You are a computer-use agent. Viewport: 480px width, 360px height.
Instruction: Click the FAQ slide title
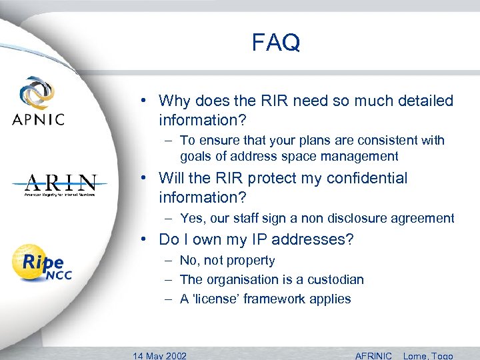[276, 43]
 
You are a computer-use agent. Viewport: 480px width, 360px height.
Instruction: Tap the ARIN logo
[61, 185]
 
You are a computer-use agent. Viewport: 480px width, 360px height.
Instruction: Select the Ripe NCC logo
[42, 263]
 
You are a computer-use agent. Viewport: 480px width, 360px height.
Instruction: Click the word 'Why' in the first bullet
[175, 101]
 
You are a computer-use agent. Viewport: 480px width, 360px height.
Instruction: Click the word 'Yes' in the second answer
[191, 218]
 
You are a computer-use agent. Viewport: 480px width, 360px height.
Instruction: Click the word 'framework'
[273, 299]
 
